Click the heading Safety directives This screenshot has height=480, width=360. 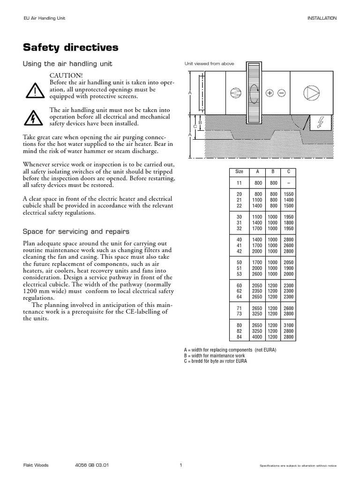(x=71, y=48)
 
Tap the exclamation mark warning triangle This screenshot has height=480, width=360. (x=34, y=90)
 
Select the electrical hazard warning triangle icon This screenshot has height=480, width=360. (x=34, y=117)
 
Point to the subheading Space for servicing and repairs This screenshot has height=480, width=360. (x=76, y=232)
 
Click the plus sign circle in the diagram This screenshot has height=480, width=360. (x=270, y=93)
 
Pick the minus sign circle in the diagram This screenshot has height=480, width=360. (x=281, y=93)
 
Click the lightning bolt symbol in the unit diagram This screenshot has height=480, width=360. (x=321, y=123)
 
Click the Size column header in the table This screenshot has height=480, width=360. (x=239, y=172)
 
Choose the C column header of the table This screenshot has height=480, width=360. (x=289, y=172)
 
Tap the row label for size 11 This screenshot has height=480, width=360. (x=239, y=183)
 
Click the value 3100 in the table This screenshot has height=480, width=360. (x=289, y=325)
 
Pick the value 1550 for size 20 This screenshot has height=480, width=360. (x=289, y=194)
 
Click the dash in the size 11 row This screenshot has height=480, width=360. (x=289, y=183)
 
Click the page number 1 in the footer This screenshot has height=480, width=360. (x=180, y=465)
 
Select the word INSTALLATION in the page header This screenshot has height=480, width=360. (x=322, y=18)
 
